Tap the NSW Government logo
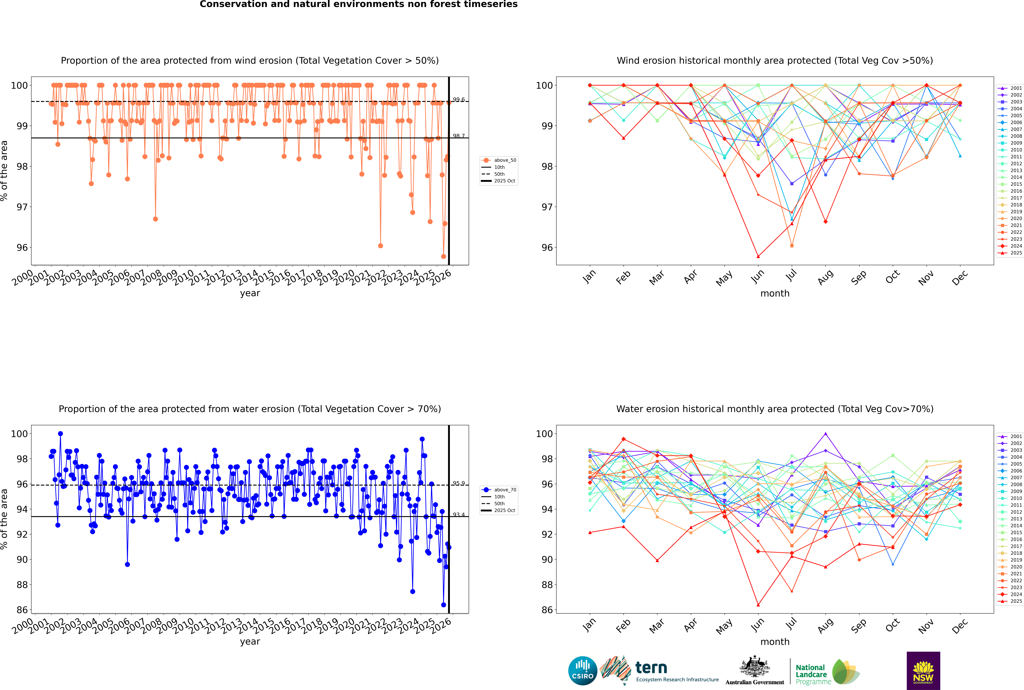point(923,670)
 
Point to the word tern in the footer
point(651,668)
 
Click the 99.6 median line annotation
point(459,100)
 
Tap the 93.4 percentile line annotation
point(459,514)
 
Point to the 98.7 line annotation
point(459,136)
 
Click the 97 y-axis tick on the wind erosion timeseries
point(22,207)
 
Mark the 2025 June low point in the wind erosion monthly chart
point(758,257)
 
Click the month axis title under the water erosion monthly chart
point(775,642)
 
